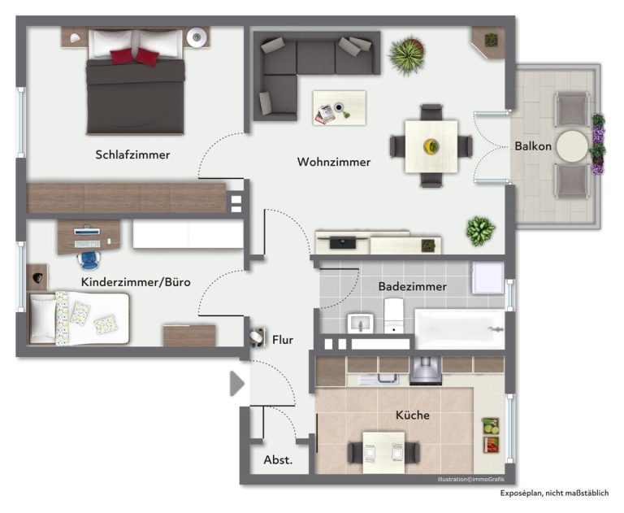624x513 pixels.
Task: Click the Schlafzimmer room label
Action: tap(132, 154)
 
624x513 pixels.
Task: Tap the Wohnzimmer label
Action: tap(334, 162)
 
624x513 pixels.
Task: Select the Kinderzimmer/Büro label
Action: tap(136, 282)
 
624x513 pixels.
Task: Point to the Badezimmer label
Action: tap(412, 286)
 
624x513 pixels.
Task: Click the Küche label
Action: tap(412, 415)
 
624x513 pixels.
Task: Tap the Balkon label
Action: tap(533, 146)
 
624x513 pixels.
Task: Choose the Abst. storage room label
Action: tap(278, 460)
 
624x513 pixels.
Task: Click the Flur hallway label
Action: tap(283, 340)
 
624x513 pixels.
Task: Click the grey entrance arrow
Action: tap(236, 384)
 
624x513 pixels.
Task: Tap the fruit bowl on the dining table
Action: tap(431, 146)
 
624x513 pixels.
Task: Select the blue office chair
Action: tap(89, 260)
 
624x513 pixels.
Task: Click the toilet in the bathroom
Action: tap(393, 315)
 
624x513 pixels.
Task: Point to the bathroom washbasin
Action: tap(361, 323)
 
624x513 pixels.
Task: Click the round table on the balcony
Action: tap(572, 146)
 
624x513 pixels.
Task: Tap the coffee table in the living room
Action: tap(339, 108)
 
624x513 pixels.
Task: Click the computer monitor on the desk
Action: tap(87, 231)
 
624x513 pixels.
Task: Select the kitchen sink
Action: tap(383, 378)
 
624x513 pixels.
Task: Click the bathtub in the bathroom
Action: tap(460, 328)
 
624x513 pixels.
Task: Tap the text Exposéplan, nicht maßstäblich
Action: tap(554, 493)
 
